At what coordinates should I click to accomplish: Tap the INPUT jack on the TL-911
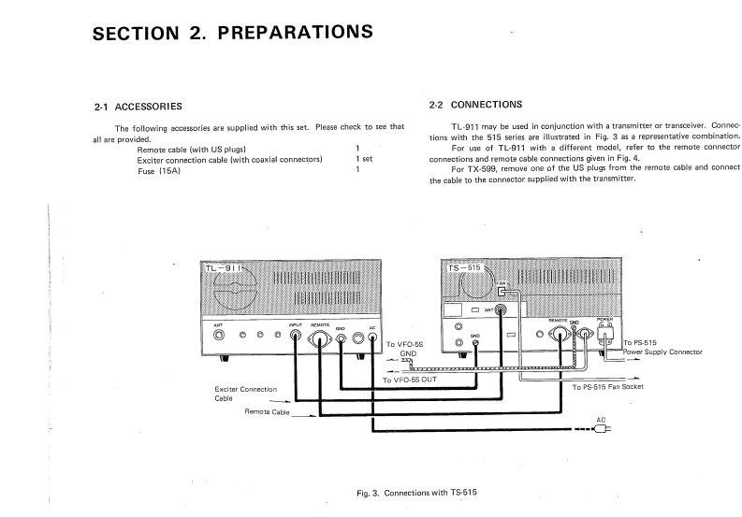pyautogui.click(x=296, y=338)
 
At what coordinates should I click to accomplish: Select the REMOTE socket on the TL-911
pyautogui.click(x=322, y=338)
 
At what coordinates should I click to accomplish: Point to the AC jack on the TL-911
pyautogui.click(x=373, y=338)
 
